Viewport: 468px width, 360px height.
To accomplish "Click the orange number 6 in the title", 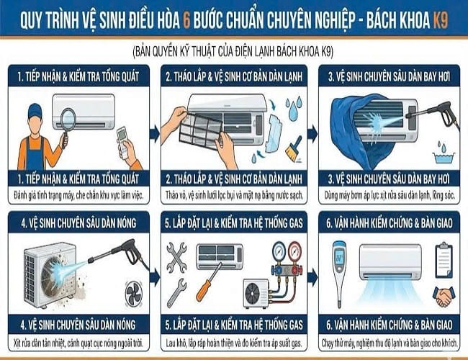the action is tap(186, 20).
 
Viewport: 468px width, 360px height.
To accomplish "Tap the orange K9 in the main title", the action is tap(440, 20).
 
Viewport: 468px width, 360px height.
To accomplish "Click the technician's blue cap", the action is tap(35, 111).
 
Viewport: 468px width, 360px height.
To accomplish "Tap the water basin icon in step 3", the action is tap(444, 157).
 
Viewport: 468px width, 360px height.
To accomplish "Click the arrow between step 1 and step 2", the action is tap(155, 133).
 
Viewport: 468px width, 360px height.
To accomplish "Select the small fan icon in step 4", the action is tap(134, 294).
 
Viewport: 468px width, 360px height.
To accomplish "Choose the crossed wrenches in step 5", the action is tap(176, 258).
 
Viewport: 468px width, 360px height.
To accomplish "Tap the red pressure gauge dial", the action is tap(294, 249).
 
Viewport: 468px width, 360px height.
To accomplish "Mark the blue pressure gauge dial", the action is tap(279, 249).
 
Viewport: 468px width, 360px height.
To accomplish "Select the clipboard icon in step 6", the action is tap(444, 260).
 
